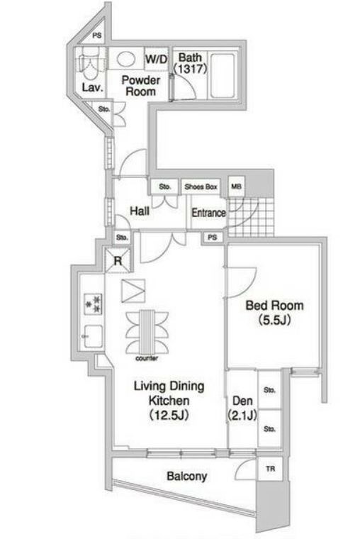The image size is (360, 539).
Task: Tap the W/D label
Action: (157, 59)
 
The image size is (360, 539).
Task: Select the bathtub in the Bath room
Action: (223, 76)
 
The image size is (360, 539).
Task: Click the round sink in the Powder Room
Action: (125, 58)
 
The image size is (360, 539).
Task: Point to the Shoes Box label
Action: (201, 187)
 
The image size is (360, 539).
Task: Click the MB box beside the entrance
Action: (236, 187)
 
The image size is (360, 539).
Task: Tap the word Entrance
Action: (208, 213)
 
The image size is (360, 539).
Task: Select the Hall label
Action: (140, 211)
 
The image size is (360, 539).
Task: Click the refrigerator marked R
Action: (118, 260)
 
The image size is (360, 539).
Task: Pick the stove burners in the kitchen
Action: (94, 304)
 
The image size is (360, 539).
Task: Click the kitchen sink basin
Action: (93, 336)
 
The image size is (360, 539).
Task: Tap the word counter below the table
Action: (147, 359)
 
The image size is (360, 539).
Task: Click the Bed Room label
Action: (274, 305)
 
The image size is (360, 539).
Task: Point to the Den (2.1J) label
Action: (242, 408)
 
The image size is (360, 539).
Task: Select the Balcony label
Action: (187, 477)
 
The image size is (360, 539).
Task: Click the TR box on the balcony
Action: (270, 469)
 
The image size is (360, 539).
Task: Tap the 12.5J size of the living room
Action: (169, 416)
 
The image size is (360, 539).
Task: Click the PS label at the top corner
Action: (97, 35)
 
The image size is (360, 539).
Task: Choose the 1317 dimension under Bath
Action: (191, 69)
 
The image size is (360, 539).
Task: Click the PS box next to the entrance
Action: (213, 237)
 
